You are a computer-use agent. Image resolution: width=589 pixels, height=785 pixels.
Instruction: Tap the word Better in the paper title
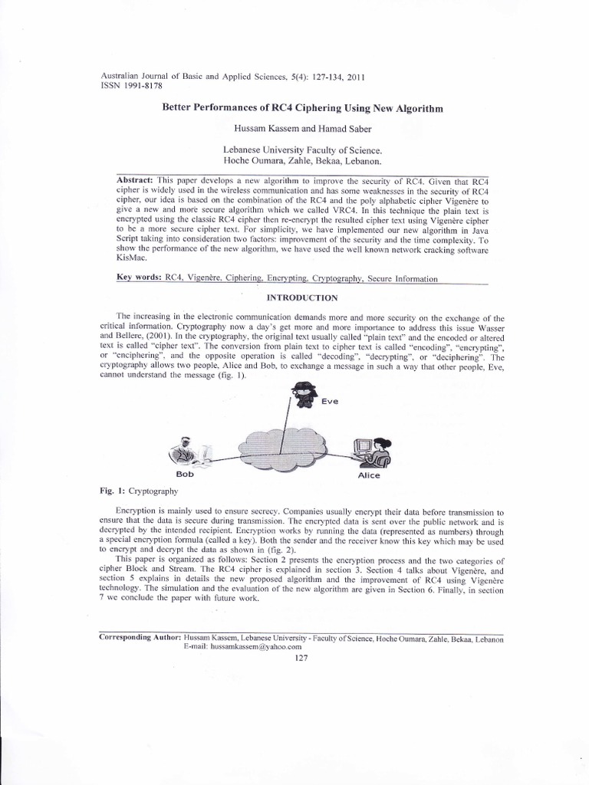(x=177, y=110)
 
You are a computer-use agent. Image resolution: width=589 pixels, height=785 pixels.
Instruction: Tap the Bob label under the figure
(x=185, y=475)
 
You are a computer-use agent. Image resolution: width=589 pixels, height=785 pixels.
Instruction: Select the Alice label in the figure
(x=369, y=475)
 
